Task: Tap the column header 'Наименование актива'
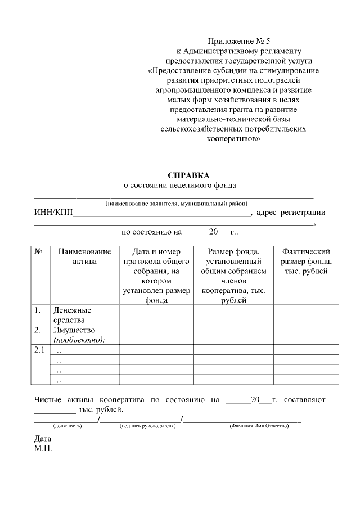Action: [x=84, y=256]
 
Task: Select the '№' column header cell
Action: [x=39, y=252]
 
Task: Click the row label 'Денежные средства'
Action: [x=72, y=315]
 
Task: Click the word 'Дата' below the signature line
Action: [x=43, y=439]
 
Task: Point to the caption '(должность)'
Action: [x=67, y=426]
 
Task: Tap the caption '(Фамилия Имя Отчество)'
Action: [x=259, y=426]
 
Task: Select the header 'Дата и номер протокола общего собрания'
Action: [x=156, y=276]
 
